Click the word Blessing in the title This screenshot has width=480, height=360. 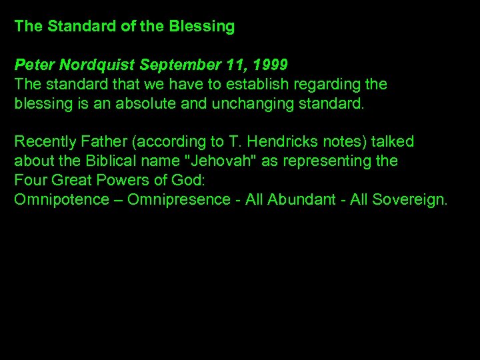(x=201, y=27)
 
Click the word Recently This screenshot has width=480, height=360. (x=43, y=141)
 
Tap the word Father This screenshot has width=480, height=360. (x=100, y=141)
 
